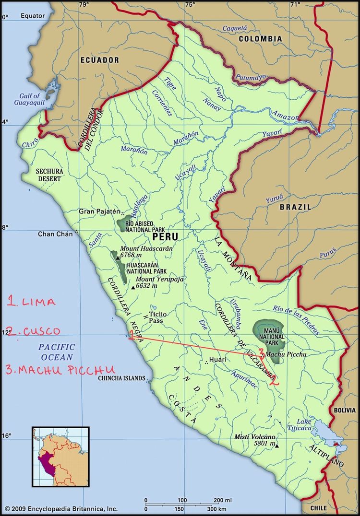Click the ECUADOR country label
(x=99, y=60)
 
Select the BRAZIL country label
(x=295, y=207)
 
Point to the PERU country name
(x=165, y=237)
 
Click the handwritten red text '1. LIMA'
(x=31, y=302)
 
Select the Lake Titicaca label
(x=300, y=425)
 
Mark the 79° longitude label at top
(x=84, y=5)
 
